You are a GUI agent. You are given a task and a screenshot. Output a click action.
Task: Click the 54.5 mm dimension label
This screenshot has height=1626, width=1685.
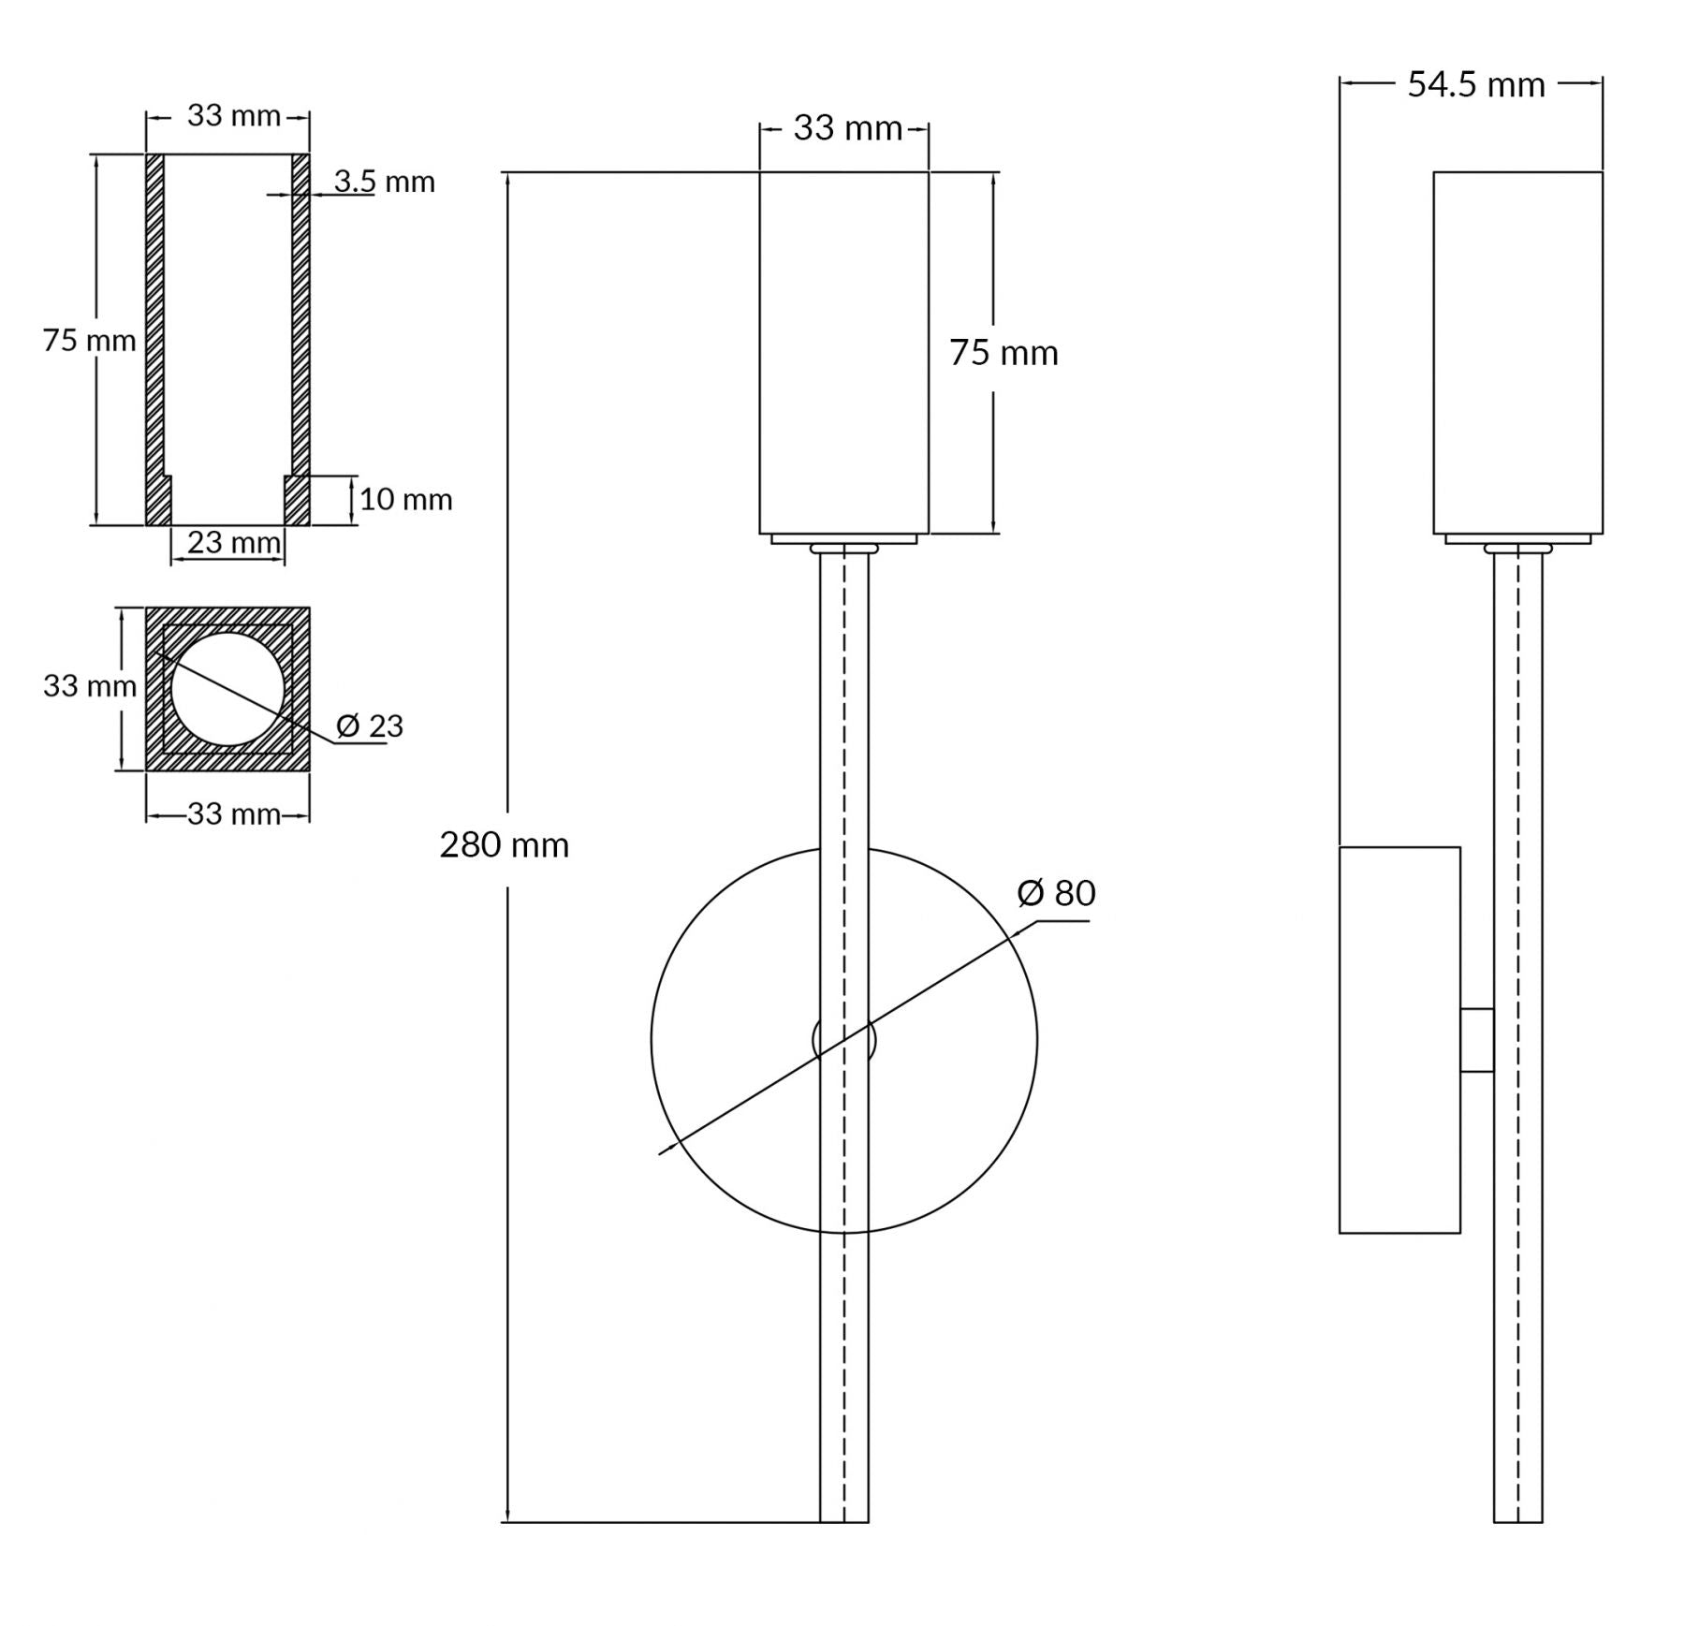click(1475, 84)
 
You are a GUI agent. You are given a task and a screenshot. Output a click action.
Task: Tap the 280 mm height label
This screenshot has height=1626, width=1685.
click(505, 845)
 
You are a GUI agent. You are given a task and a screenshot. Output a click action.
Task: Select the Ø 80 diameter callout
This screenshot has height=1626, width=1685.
click(1056, 893)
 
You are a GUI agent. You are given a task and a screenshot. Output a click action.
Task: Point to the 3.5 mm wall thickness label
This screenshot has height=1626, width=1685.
click(385, 182)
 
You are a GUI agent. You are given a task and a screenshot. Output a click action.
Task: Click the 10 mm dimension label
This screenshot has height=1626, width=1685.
click(405, 500)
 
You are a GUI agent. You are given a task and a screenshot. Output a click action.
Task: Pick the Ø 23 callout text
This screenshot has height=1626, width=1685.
click(369, 725)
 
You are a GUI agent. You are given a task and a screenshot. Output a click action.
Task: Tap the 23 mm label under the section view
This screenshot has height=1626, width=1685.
click(234, 542)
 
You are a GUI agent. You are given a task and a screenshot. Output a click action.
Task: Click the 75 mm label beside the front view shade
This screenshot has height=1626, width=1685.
click(1004, 353)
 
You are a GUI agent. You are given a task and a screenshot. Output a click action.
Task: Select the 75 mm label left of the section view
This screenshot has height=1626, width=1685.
click(89, 341)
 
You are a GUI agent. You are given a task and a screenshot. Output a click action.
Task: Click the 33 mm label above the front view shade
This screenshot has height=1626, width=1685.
click(848, 128)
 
